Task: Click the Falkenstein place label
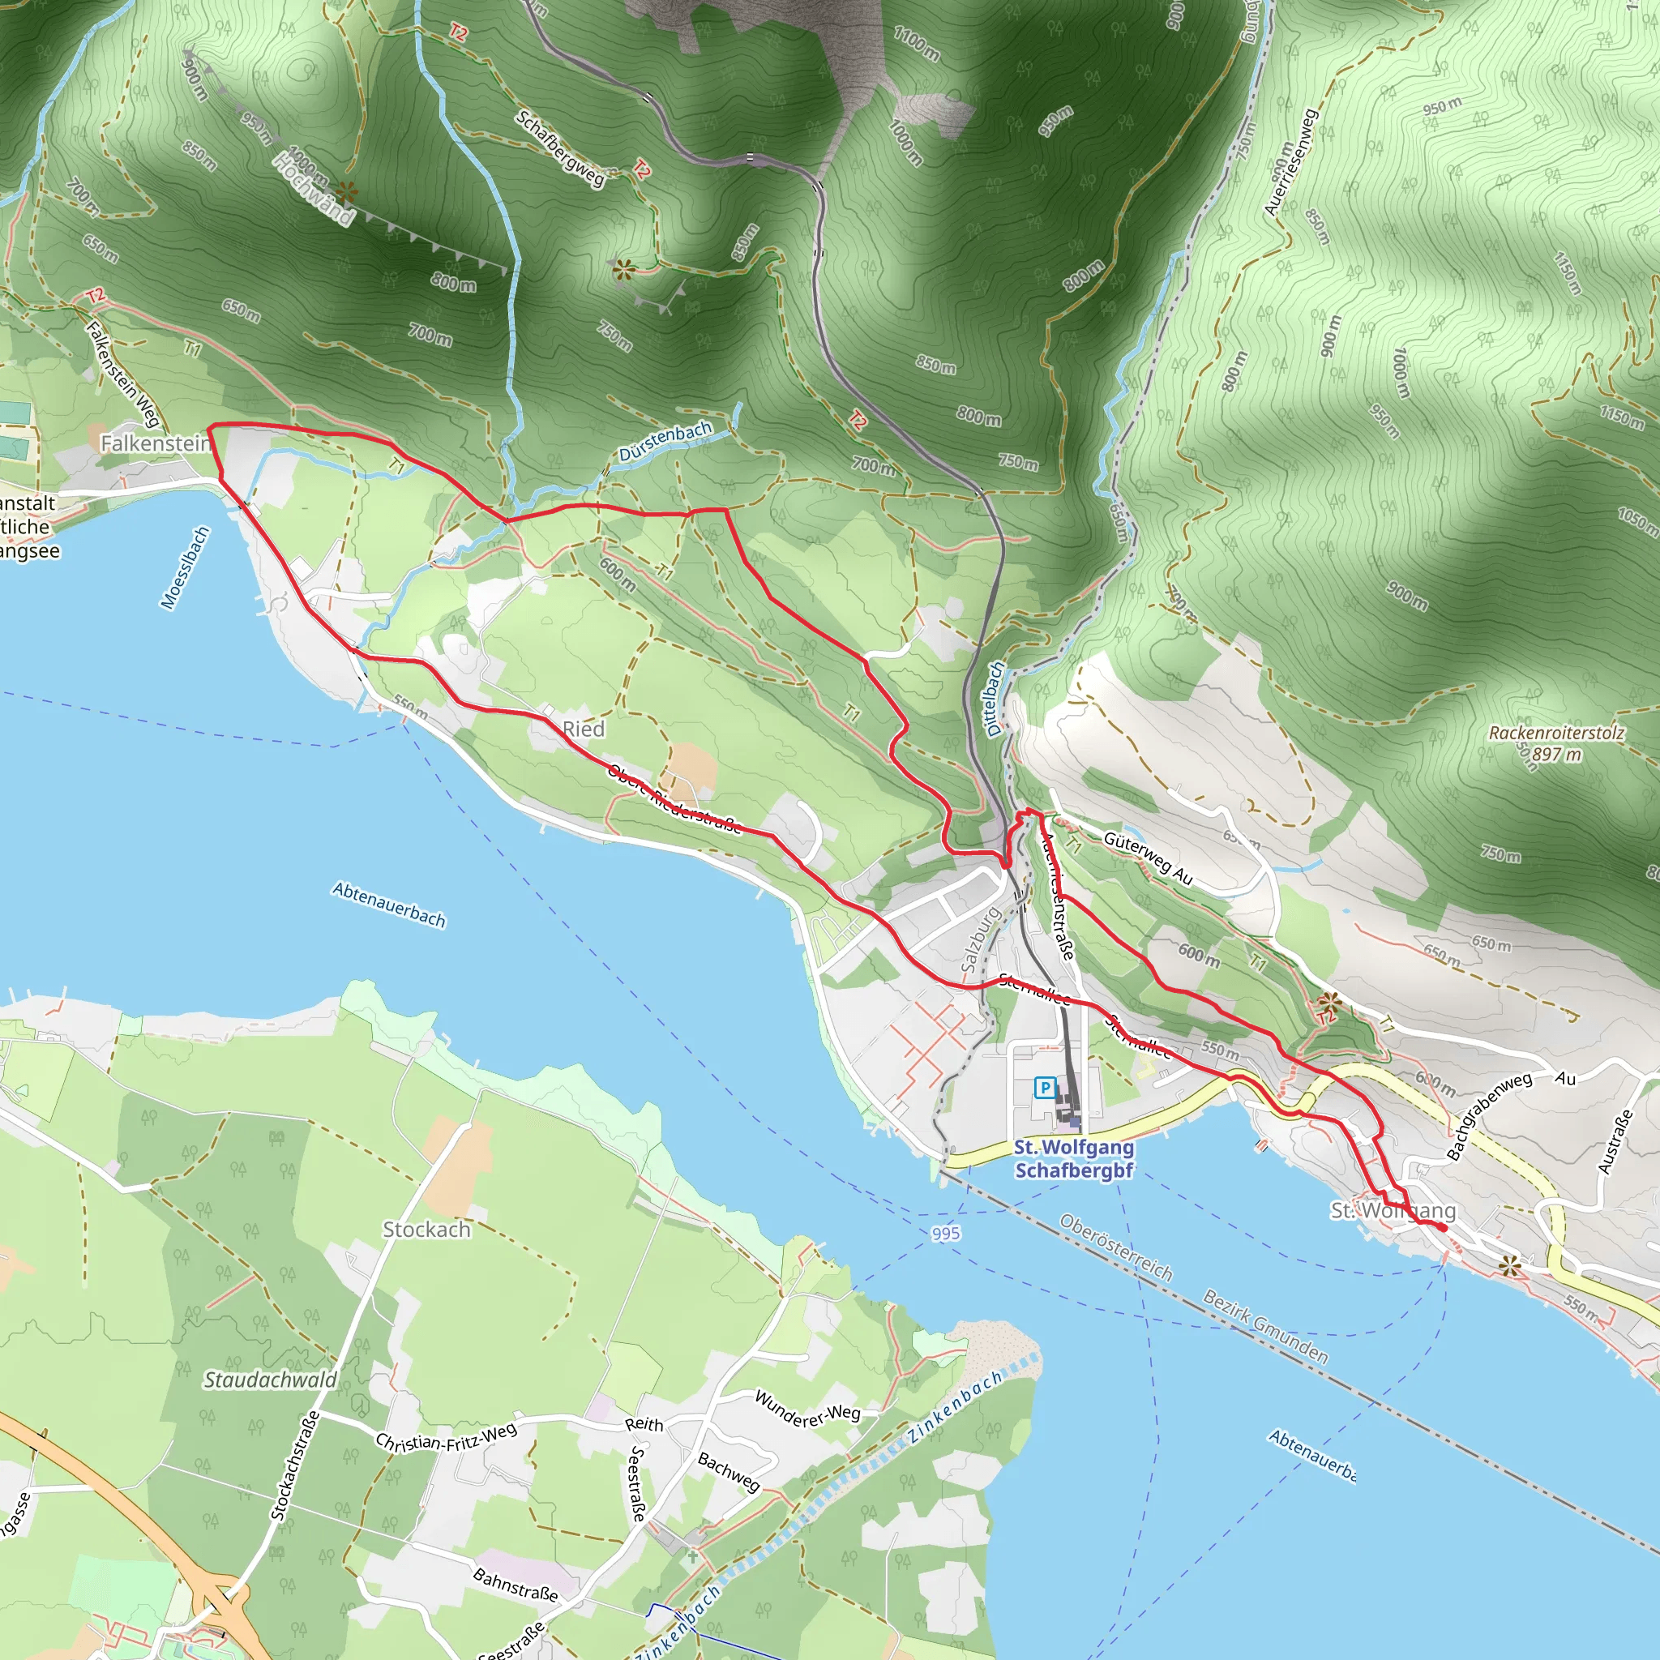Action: pos(156,443)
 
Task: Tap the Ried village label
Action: pos(584,729)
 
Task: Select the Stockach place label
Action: pos(426,1230)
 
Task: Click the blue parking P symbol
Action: pos(1044,1088)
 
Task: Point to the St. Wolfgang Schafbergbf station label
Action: pos(1073,1158)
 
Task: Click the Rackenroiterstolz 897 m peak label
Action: pos(1556,743)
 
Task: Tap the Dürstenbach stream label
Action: pos(665,441)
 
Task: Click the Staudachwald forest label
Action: pos(270,1379)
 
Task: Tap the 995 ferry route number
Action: pos(945,1233)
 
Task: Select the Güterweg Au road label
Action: pos(1148,858)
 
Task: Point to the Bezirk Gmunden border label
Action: pos(1264,1327)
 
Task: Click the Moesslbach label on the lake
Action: pos(185,568)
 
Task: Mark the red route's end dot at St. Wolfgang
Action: pos(1443,1229)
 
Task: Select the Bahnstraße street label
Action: pos(516,1585)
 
